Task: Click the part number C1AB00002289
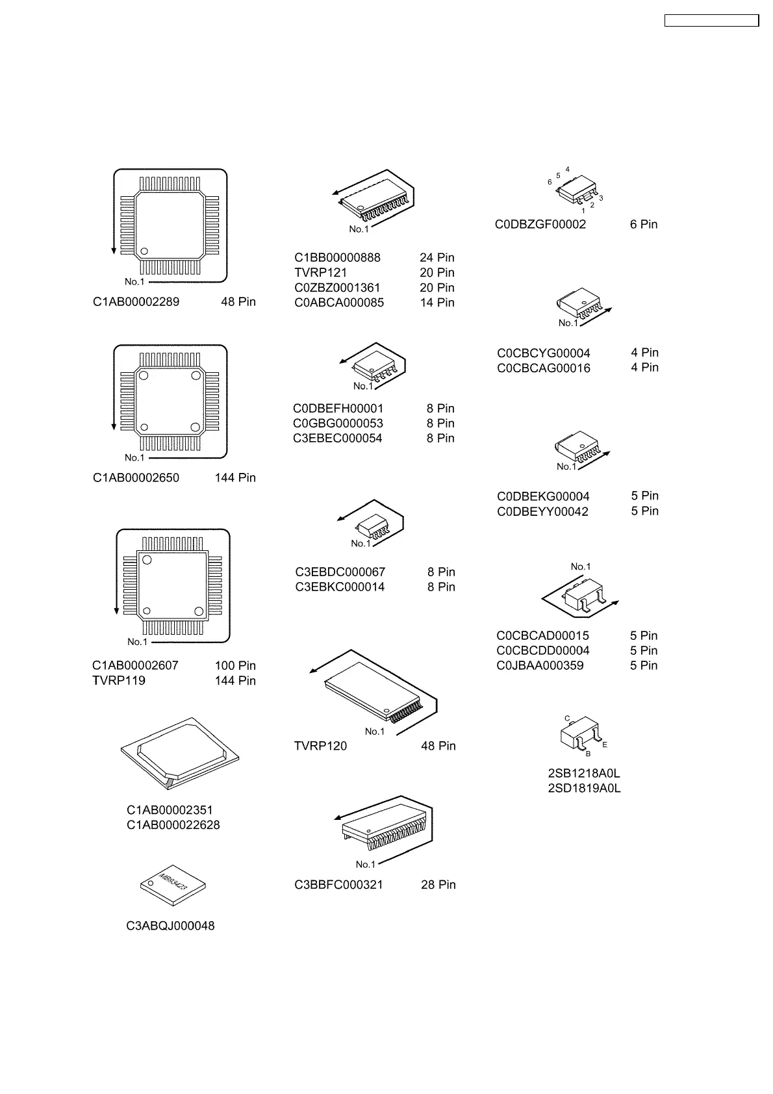coord(136,302)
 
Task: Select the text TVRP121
coord(320,273)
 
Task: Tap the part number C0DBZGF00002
coord(540,225)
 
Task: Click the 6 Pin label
coord(643,225)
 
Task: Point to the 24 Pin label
coord(437,258)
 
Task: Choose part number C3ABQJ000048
coord(170,926)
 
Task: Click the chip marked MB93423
coord(173,884)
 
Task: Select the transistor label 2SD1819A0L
coord(584,789)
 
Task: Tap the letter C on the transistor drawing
coord(567,719)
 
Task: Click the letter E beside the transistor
coord(605,745)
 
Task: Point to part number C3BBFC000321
coord(338,885)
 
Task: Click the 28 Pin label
coord(438,885)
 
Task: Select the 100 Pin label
coord(235,666)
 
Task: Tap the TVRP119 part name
coord(119,681)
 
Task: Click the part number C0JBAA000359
coord(540,666)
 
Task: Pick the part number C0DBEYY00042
coord(542,512)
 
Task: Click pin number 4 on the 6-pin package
coord(568,170)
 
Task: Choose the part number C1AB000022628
coord(173,825)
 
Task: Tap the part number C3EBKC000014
coord(340,587)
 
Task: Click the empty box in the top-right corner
coord(711,21)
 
